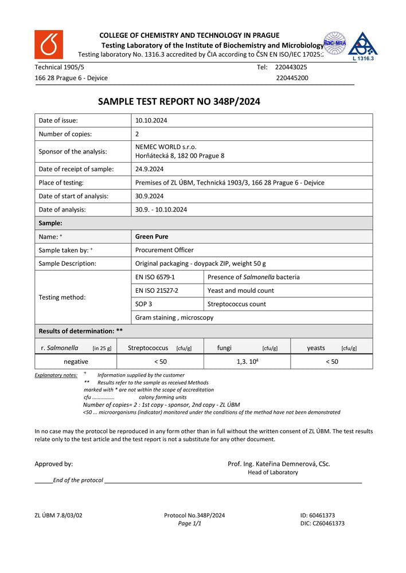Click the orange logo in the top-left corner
(49, 45)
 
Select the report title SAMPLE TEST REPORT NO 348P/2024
(179, 101)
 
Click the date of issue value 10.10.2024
(151, 120)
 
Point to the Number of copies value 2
(137, 134)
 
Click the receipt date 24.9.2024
(150, 169)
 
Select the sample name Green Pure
(151, 237)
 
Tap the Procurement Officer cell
(164, 250)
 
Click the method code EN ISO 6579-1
(155, 277)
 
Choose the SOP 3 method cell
(143, 304)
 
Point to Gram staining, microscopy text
(174, 318)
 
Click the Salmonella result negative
(76, 362)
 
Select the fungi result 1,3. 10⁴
(247, 362)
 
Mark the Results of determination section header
(80, 331)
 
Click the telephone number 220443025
(291, 67)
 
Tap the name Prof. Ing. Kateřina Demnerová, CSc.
(279, 464)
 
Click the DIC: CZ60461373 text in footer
(322, 524)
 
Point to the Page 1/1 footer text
(189, 524)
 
